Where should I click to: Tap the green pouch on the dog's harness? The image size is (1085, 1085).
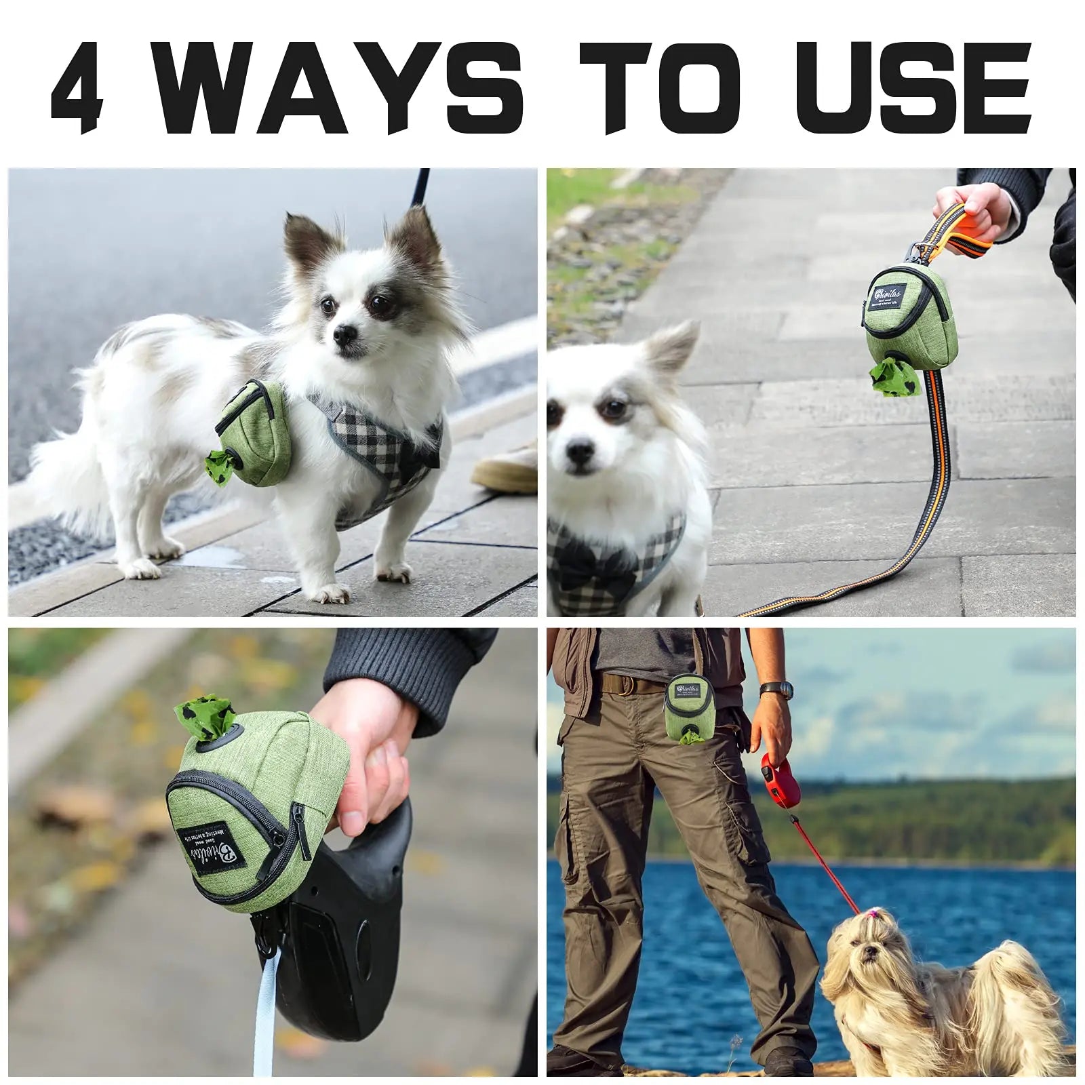(254, 434)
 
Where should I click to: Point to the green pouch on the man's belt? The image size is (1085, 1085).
(688, 709)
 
